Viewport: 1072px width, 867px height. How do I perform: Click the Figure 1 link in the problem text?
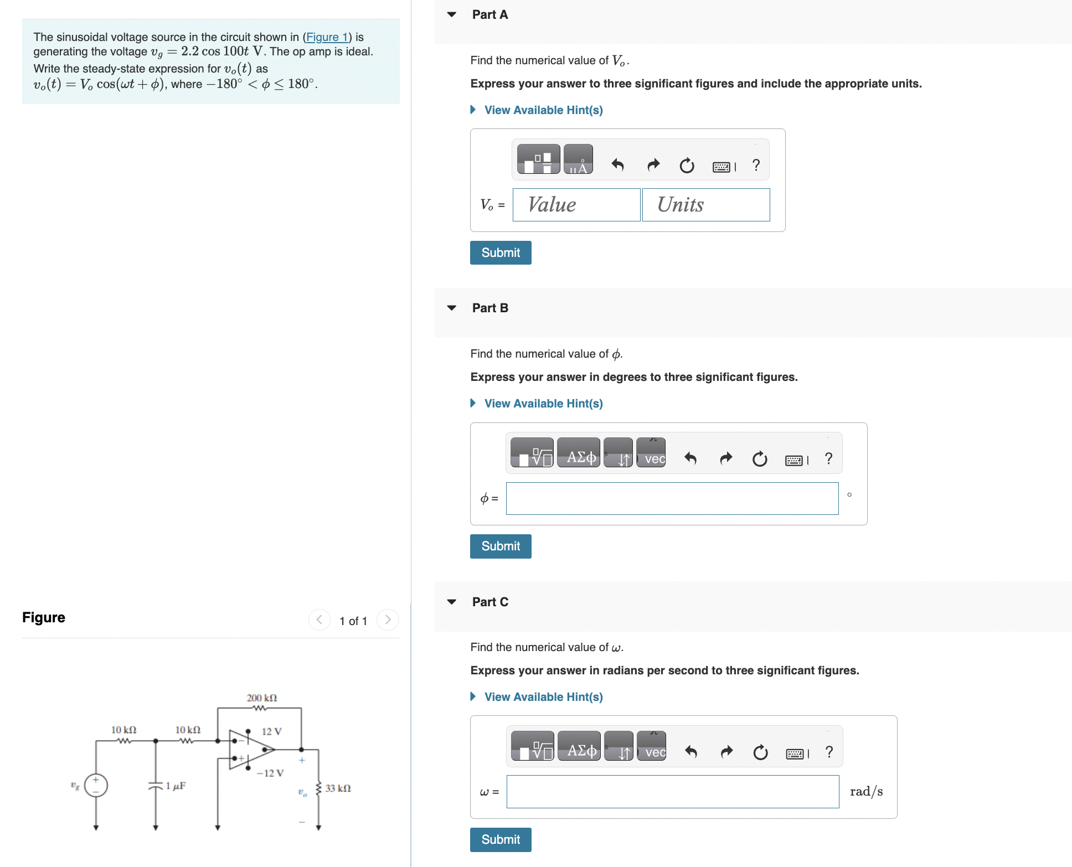click(327, 37)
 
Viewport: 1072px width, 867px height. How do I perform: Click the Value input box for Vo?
click(576, 205)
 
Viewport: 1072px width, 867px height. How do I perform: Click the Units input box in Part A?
click(705, 205)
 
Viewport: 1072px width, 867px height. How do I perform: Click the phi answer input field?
click(672, 498)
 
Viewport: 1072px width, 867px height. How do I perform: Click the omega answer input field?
click(672, 792)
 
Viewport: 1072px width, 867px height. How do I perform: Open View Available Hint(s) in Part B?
click(543, 404)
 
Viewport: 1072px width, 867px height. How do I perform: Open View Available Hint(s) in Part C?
click(543, 697)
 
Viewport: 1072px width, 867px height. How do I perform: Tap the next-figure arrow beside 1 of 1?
click(388, 620)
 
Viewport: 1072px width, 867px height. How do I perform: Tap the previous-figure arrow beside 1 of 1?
click(319, 620)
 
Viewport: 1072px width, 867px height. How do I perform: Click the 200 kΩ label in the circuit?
click(262, 698)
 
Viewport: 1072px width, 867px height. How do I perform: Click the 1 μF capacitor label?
click(176, 786)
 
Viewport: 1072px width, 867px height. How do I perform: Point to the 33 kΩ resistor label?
click(338, 788)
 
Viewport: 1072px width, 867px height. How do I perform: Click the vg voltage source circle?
click(96, 785)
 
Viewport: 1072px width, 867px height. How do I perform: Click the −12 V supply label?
click(270, 773)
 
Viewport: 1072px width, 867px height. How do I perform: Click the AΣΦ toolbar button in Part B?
click(579, 457)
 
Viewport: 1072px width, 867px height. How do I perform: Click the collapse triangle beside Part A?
click(452, 14)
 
